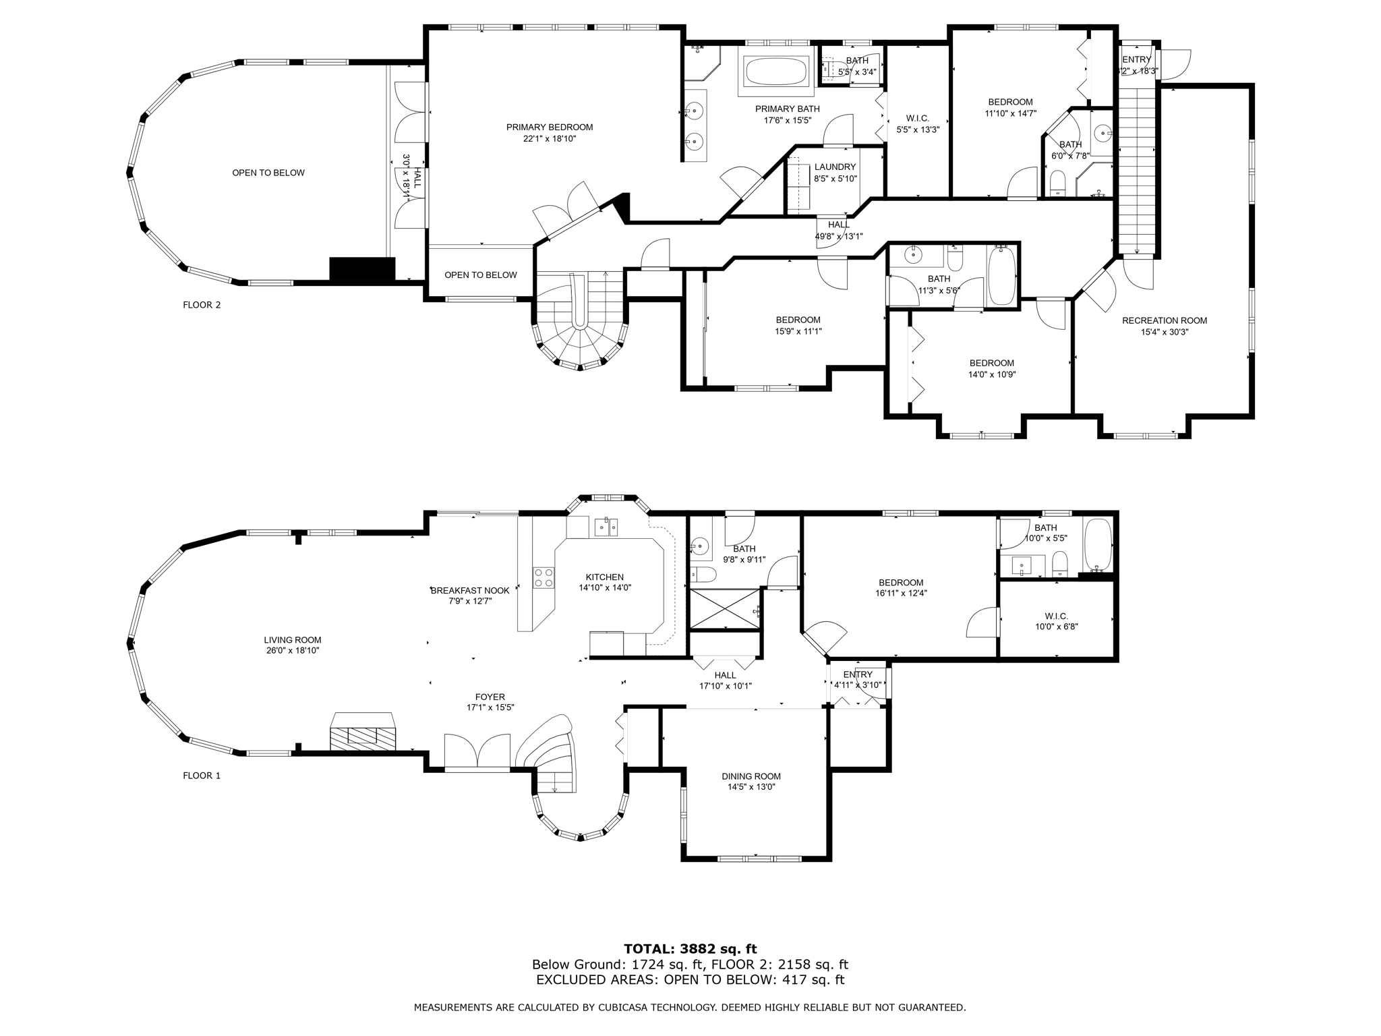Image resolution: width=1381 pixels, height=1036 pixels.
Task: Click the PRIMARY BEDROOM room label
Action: pos(550,127)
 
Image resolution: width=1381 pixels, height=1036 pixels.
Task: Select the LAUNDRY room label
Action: pos(835,167)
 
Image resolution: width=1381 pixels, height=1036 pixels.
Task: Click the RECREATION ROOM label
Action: pos(1164,321)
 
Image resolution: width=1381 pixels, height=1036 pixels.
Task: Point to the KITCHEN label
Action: pos(604,577)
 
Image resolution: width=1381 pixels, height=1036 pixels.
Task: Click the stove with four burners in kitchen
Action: pos(543,577)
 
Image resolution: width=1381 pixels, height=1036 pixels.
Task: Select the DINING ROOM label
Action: pos(751,776)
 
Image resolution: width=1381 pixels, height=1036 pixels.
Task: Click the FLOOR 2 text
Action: pos(202,305)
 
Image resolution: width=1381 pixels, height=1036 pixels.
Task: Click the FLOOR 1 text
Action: pos(202,776)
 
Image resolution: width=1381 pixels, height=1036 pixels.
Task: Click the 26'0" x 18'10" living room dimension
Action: pos(292,651)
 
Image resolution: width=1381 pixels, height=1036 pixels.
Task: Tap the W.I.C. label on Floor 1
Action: pos(1056,616)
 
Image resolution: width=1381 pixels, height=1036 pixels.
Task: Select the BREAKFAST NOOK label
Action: pos(470,591)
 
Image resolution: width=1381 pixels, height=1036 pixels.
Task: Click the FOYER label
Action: pos(490,697)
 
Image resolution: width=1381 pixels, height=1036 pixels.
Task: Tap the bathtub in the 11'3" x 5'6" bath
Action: pos(1001,277)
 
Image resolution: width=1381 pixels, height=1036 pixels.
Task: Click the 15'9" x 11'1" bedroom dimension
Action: pos(798,331)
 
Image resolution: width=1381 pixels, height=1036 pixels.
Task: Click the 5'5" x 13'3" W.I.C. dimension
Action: pos(918,129)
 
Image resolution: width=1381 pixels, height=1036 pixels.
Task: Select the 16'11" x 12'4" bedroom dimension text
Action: pos(901,594)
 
